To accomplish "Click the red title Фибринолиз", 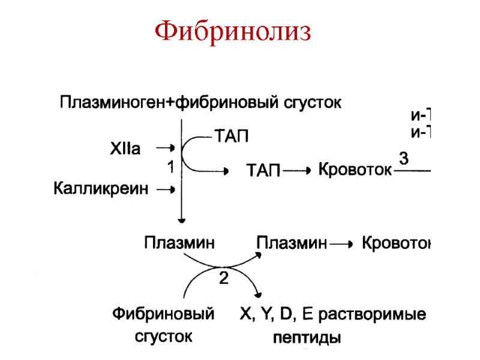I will tap(233, 32).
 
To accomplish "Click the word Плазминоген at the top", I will tap(112, 103).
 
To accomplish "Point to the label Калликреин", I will tap(100, 189).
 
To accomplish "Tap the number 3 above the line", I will tap(404, 159).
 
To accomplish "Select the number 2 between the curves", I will tap(223, 278).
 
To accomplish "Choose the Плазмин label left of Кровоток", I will tap(292, 244).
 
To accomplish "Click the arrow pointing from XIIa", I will tap(165, 148).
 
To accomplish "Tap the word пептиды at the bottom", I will tap(307, 338).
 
